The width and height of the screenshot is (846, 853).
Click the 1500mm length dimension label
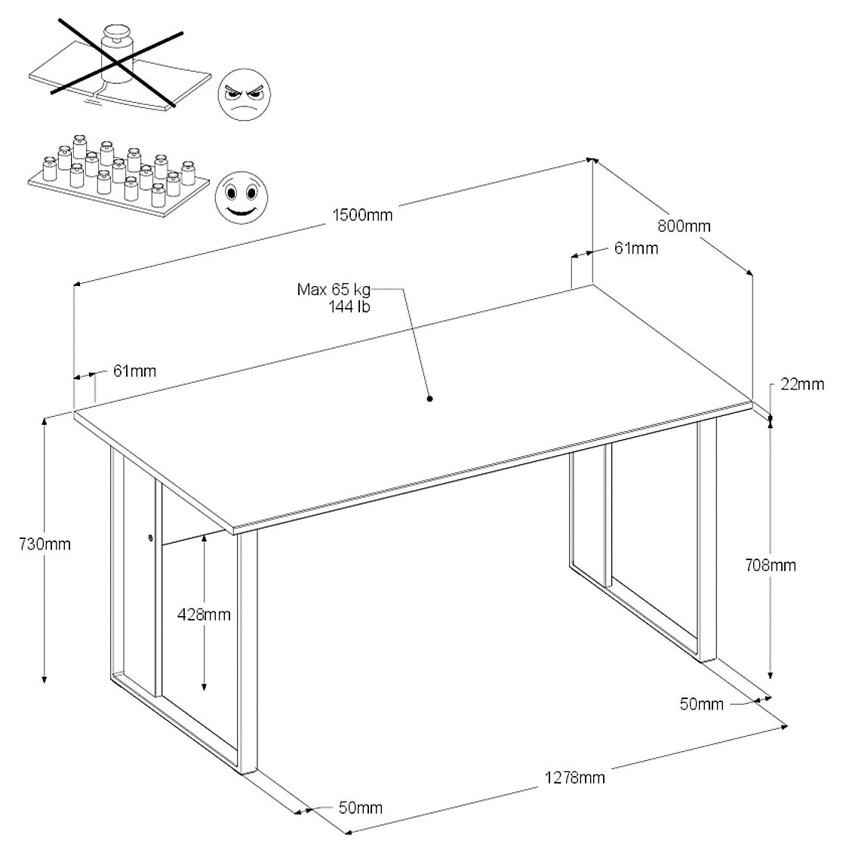pos(362,214)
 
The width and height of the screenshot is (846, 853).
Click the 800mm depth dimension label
pos(684,226)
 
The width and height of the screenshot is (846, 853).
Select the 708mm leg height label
pos(770,565)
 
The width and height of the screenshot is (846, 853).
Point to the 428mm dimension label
pos(203,614)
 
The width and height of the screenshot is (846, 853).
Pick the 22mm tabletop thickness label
pos(801,384)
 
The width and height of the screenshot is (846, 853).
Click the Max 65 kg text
pos(334,290)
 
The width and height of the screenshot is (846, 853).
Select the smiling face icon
pos(241,196)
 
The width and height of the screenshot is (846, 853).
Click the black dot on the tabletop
pos(429,399)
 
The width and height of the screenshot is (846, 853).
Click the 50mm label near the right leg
pos(701,704)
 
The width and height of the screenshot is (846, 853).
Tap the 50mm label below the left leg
pos(360,808)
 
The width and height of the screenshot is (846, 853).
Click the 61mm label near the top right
pos(635,248)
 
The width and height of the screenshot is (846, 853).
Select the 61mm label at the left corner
pos(134,371)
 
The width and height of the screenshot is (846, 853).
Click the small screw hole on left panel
pos(150,538)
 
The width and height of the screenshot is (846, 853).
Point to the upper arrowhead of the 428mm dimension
pos(204,537)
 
